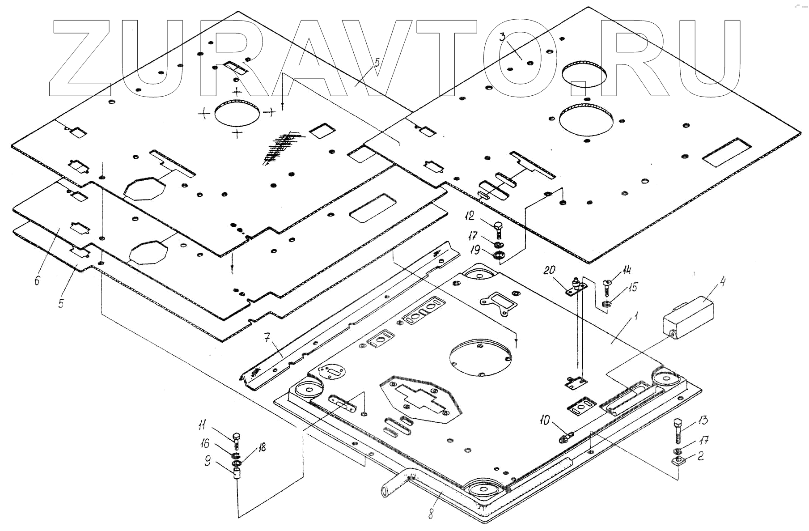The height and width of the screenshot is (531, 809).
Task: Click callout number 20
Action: click(x=550, y=270)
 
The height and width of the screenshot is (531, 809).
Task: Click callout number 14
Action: click(x=627, y=270)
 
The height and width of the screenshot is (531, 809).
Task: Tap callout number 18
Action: click(x=262, y=447)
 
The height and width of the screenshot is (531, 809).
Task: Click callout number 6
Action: click(x=37, y=280)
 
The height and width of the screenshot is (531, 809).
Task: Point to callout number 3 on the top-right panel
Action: click(x=503, y=37)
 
